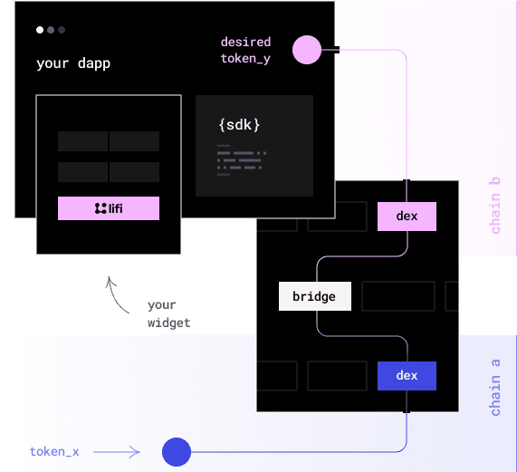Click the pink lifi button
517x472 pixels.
tap(109, 208)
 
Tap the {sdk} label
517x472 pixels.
tap(240, 124)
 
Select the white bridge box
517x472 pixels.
tap(314, 296)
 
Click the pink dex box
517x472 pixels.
tap(407, 217)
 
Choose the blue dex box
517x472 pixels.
tap(407, 375)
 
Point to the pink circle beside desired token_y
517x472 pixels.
tap(307, 50)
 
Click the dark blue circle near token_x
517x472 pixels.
tap(176, 450)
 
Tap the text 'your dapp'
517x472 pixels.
tap(73, 63)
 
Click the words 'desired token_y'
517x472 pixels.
tap(245, 50)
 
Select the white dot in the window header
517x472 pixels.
tap(40, 30)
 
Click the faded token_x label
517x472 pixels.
tap(54, 450)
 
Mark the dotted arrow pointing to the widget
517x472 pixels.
tap(113, 293)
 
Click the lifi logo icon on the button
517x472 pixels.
tap(100, 208)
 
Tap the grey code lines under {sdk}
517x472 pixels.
tap(241, 160)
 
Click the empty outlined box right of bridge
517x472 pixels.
tap(397, 296)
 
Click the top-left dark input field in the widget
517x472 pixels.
tap(82, 141)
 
